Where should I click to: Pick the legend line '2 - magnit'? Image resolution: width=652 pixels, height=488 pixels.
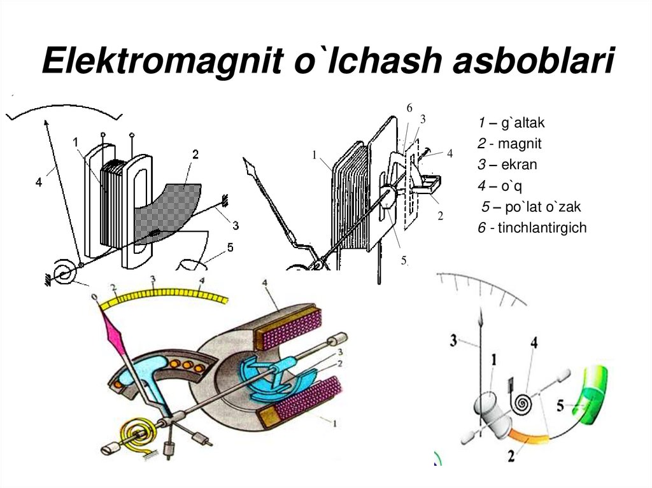pos(509,144)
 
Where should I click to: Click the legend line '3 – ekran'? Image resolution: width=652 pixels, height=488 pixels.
pos(507,165)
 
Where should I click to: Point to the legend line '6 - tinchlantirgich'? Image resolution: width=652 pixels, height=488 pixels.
pos(532,228)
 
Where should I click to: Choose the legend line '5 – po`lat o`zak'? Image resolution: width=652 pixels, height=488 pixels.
pos(532,207)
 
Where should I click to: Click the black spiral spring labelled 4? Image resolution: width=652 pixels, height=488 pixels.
pos(524,403)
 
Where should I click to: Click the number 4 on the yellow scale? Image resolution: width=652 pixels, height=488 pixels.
pos(202,281)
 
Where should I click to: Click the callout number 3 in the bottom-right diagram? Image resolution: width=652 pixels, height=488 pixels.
pos(453,341)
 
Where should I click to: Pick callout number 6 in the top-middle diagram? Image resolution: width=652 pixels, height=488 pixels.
pos(409,108)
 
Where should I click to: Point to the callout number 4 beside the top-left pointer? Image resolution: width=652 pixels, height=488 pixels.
pos(38,182)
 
